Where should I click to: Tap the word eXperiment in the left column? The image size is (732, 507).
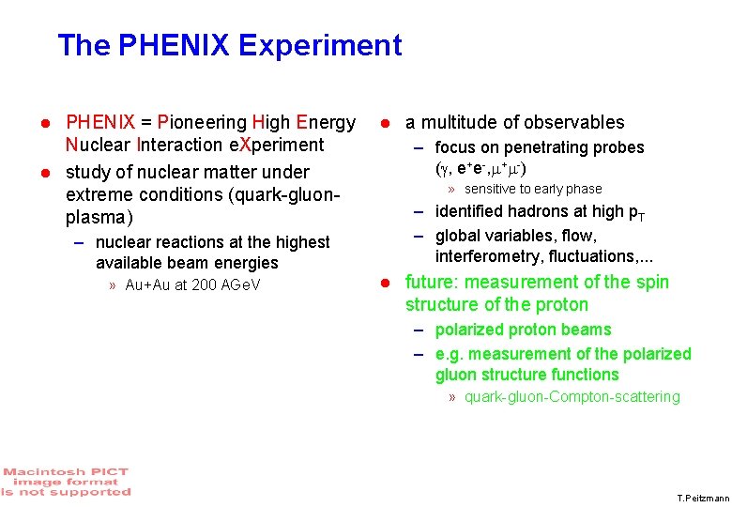pos(277,146)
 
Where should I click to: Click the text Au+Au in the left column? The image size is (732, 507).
pos(145,285)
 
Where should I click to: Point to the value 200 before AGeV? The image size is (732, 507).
pos(205,285)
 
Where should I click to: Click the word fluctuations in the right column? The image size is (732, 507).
pos(588,256)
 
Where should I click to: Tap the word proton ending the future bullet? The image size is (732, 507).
pos(561,305)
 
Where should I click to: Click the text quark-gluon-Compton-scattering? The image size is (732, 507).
pos(572,397)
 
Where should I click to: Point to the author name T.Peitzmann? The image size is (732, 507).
pos(701,498)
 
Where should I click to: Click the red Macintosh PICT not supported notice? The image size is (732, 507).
pos(66,482)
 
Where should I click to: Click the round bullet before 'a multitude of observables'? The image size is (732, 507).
pos(383,123)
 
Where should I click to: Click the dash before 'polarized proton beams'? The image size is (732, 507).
pos(421,330)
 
